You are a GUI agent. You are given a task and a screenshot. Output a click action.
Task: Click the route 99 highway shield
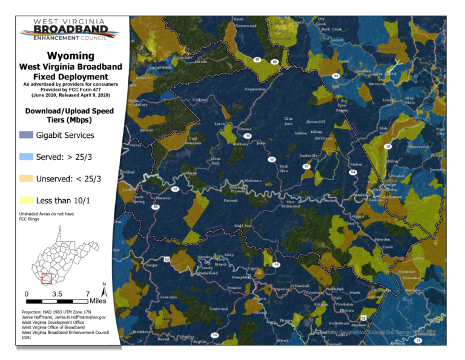(x=335, y=76)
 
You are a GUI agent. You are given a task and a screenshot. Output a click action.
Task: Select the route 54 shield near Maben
(x=352, y=172)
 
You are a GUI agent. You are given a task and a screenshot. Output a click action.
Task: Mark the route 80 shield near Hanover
(x=156, y=207)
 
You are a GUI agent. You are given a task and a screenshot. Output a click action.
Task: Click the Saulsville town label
(x=309, y=155)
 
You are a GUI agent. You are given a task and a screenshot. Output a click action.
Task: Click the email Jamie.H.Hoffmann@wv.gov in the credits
(x=79, y=316)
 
